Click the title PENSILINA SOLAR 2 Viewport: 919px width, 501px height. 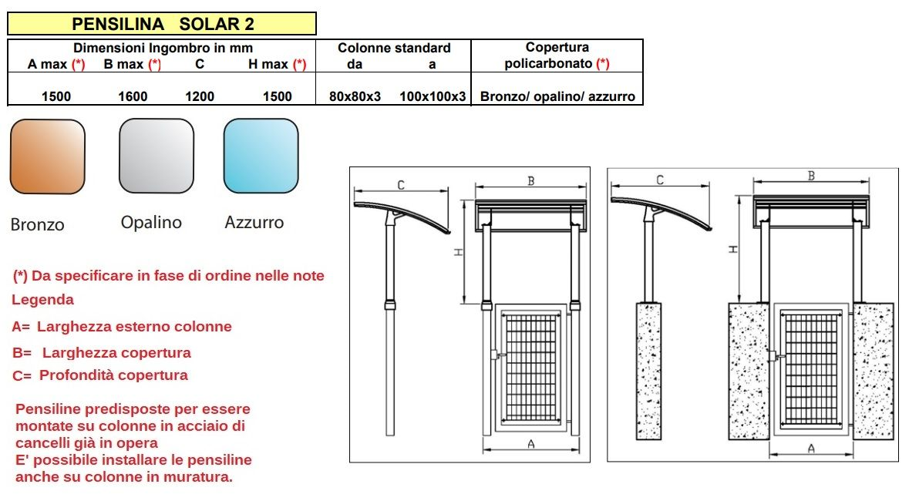tap(162, 24)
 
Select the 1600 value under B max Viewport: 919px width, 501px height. tap(133, 96)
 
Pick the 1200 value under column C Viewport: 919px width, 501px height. tap(200, 96)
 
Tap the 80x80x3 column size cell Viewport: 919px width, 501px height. tap(355, 96)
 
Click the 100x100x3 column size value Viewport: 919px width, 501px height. tap(433, 96)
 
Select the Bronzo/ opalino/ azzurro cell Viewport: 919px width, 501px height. tap(557, 96)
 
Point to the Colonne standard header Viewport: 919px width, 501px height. tap(394, 48)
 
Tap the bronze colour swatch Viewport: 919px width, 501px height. tap(48, 156)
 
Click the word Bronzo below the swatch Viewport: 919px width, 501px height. tap(38, 225)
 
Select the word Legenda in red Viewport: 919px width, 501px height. tap(43, 299)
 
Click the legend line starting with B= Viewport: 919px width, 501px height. tap(102, 353)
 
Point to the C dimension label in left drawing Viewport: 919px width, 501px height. tap(401, 184)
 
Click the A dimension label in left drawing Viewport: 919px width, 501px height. tap(530, 443)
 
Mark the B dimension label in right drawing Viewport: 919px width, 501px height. tap(811, 176)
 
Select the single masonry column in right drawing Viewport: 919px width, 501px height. tap(648, 370)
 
